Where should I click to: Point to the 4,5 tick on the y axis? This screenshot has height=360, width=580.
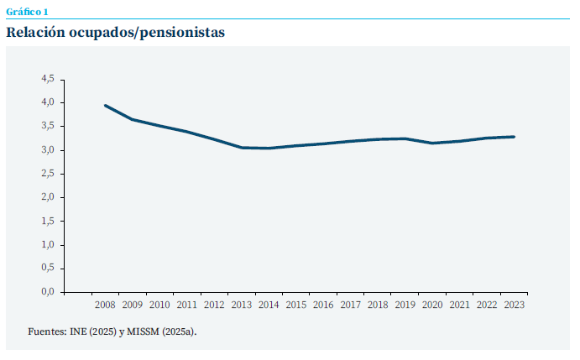click(47, 79)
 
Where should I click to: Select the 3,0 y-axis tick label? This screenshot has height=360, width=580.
click(47, 150)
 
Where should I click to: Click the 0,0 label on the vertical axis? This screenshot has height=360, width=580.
click(47, 292)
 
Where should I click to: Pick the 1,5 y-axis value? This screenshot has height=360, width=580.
click(47, 221)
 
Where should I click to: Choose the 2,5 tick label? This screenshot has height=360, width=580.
click(47, 174)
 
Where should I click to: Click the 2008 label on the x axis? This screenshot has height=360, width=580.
click(106, 305)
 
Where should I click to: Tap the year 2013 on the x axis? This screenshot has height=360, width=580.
click(242, 305)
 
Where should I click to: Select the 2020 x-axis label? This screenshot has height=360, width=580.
click(432, 305)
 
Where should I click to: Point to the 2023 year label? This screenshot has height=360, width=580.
click(514, 305)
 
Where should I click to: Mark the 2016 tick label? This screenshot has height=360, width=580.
click(323, 305)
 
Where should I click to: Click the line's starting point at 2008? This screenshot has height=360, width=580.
click(106, 106)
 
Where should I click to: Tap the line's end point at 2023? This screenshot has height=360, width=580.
click(514, 137)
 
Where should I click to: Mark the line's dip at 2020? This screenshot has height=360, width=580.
click(432, 143)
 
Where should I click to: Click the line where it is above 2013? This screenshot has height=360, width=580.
click(242, 148)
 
